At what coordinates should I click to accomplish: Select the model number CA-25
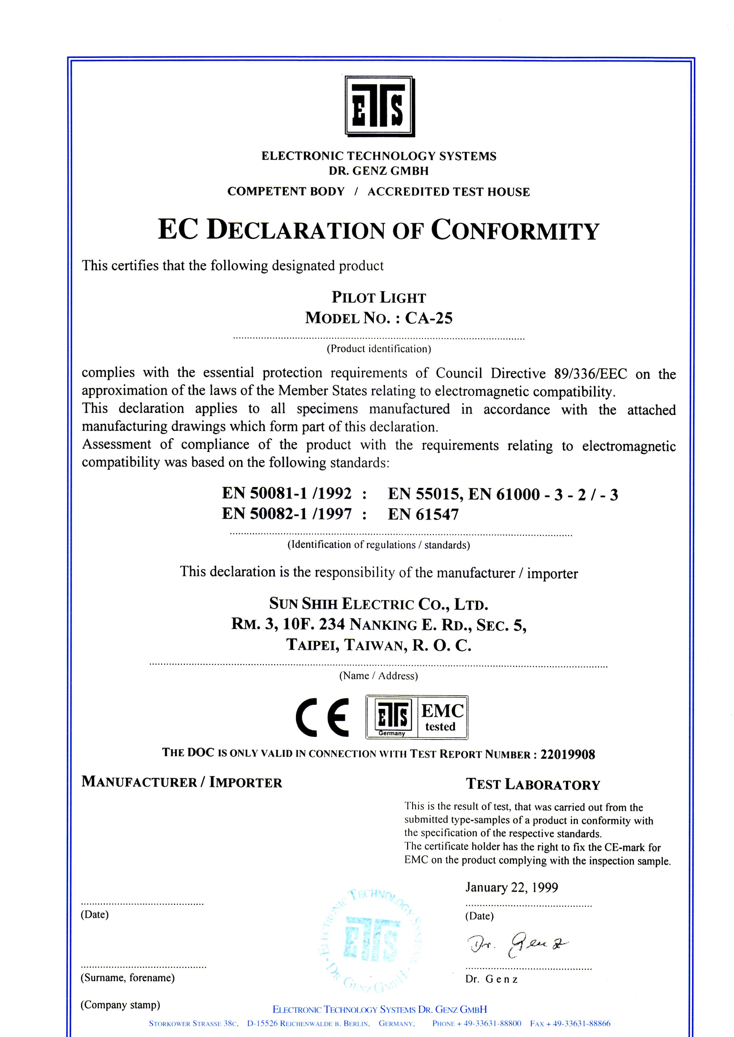(x=428, y=318)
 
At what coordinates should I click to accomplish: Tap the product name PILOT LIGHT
(x=379, y=298)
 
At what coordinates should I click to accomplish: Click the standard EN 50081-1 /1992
(x=287, y=493)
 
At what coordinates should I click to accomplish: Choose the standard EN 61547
(x=423, y=514)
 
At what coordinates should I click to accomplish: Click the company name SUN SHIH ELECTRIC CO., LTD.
(x=379, y=604)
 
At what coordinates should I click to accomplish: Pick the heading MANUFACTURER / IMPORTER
(x=182, y=782)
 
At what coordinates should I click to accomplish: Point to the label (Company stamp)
(x=120, y=1005)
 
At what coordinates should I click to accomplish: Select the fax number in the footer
(x=570, y=1023)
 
